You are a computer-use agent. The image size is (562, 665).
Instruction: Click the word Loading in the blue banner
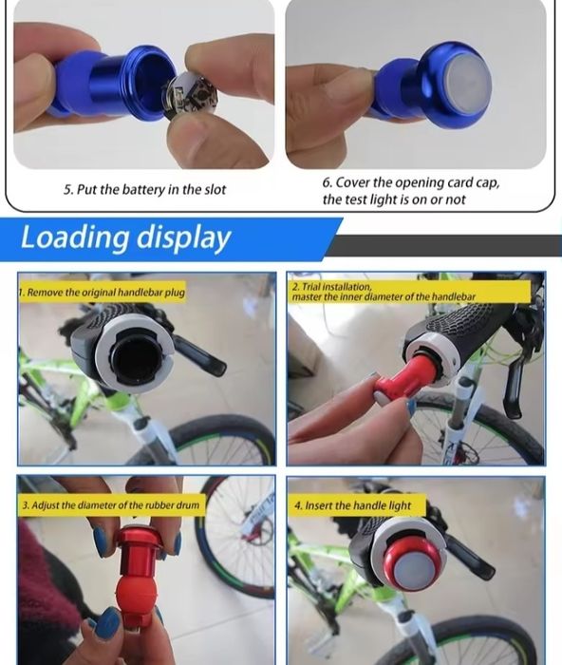click(74, 237)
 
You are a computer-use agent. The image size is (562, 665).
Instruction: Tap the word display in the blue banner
click(183, 238)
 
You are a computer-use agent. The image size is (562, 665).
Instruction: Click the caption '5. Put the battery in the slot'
click(144, 189)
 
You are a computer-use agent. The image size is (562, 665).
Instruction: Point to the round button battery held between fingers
click(192, 94)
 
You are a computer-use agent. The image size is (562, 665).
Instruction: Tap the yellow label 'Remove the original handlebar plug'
click(102, 293)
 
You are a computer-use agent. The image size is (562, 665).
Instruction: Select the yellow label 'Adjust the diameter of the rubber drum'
click(111, 504)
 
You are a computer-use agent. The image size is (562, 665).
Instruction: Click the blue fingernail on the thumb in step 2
click(412, 407)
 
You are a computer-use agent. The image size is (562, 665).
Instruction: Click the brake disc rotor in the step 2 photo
click(465, 454)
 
